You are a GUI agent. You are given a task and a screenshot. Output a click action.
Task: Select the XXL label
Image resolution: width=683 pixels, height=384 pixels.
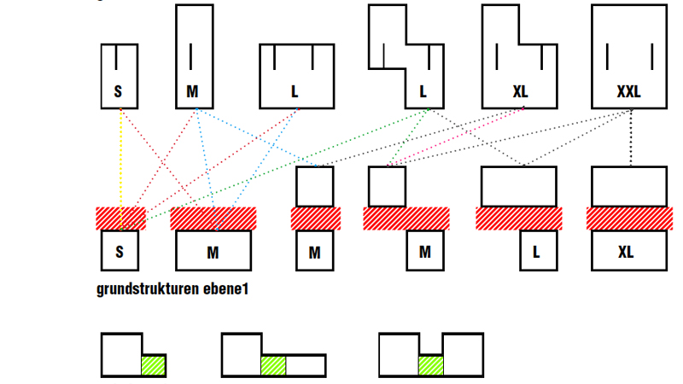point(628,91)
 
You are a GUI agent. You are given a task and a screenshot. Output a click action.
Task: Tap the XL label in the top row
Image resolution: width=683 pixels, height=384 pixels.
point(521,91)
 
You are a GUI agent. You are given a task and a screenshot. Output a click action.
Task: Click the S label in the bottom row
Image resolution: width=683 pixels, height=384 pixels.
point(120,252)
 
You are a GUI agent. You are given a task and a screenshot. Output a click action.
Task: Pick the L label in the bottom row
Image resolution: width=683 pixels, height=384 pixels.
point(537,253)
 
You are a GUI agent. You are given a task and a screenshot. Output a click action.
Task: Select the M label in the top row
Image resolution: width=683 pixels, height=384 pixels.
point(193,91)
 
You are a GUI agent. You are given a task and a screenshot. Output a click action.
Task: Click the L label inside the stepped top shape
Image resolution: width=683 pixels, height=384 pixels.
point(423,91)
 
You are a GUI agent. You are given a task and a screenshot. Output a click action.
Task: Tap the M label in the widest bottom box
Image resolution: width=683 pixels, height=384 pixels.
point(213,253)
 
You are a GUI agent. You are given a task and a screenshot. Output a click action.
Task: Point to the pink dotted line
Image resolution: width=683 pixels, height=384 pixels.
point(461,137)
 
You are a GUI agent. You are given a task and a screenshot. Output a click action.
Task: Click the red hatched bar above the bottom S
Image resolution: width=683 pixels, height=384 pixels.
point(120,218)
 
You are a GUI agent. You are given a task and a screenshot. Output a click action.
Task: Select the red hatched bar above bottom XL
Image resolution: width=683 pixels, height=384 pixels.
point(629,218)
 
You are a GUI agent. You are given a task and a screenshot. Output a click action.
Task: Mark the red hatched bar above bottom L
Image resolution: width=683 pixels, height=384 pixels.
point(519,218)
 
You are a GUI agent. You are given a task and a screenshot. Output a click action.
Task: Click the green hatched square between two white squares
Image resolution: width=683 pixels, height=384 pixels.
point(430,365)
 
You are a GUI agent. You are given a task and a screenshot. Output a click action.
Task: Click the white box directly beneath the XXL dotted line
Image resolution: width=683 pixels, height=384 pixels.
point(629,186)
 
